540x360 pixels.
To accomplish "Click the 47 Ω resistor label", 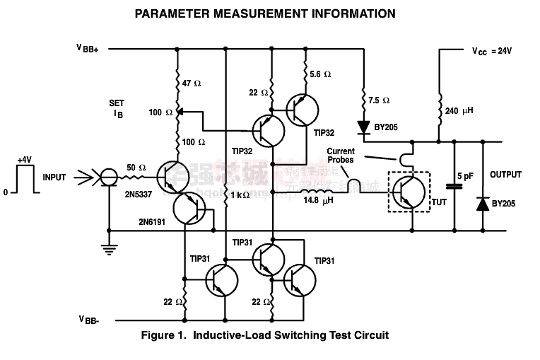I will point(192,83).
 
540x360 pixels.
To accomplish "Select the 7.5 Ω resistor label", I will point(380,100).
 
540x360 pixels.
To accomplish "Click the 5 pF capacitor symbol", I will point(454,186).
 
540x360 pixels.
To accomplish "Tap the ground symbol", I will point(109,247).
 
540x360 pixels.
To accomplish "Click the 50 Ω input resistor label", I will point(136,168).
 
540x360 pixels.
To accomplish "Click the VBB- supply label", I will point(88,320).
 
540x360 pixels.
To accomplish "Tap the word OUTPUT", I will point(505,175).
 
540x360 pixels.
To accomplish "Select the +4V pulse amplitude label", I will point(25,160).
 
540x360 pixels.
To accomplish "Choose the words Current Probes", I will point(341,156).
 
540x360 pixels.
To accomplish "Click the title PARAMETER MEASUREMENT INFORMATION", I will point(265,13).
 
